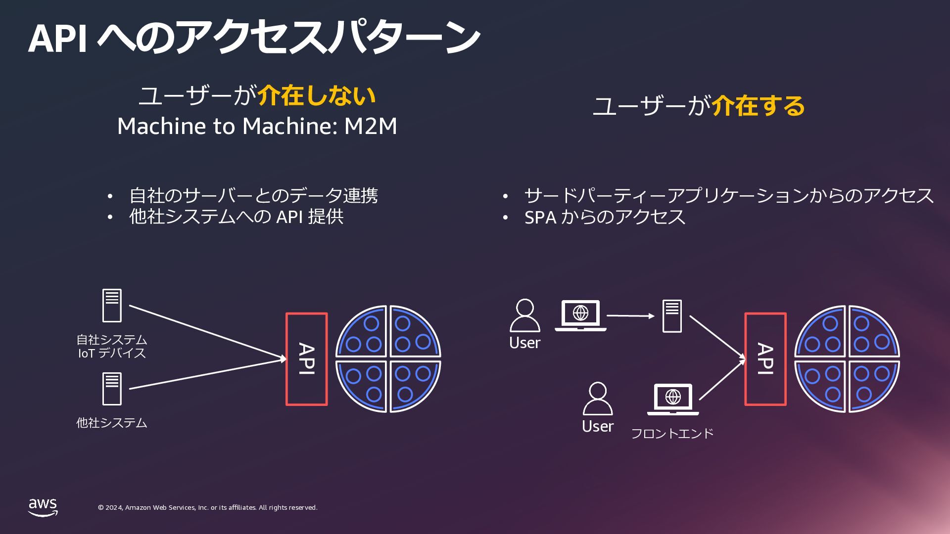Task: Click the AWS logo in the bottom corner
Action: click(x=43, y=507)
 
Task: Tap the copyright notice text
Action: click(x=207, y=508)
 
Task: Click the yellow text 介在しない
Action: click(x=317, y=95)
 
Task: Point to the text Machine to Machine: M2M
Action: click(x=257, y=126)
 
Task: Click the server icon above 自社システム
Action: click(x=112, y=306)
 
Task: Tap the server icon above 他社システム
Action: click(x=112, y=389)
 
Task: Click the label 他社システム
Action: click(x=112, y=423)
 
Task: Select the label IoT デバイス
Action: click(x=112, y=353)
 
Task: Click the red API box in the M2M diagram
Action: click(x=307, y=359)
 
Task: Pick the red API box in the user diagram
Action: click(x=765, y=359)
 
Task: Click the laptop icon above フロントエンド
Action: click(x=673, y=399)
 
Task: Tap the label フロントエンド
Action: click(x=672, y=434)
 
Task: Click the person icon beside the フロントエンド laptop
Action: click(x=598, y=398)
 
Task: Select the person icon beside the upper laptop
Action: click(x=525, y=315)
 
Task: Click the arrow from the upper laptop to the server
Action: click(x=630, y=315)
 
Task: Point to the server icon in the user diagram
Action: click(x=672, y=316)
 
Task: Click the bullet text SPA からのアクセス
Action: click(x=605, y=217)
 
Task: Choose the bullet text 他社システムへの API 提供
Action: click(x=236, y=217)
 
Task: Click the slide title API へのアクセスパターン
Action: click(x=254, y=38)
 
